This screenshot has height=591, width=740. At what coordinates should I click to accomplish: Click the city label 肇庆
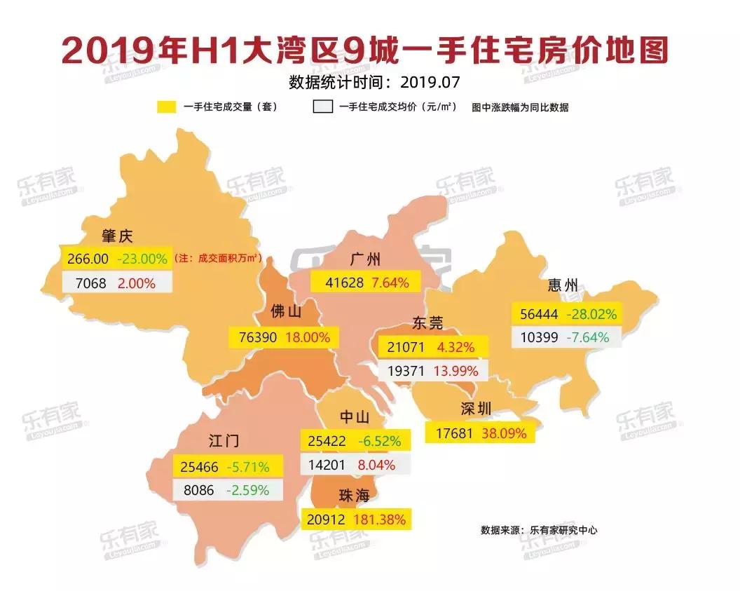point(117,236)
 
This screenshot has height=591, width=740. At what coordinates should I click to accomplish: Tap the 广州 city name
point(366,259)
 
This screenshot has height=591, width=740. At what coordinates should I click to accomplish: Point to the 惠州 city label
point(563,285)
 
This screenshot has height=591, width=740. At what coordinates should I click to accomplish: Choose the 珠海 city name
point(353,496)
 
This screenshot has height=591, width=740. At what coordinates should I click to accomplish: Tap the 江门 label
point(224,440)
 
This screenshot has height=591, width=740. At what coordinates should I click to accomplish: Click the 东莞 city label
point(427,323)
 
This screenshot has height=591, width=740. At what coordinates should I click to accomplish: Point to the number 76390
point(254,337)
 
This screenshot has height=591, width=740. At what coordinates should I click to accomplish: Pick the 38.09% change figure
point(503,433)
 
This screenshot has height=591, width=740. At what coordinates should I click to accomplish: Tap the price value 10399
point(540,337)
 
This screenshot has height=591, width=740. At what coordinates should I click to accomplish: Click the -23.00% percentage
point(143,259)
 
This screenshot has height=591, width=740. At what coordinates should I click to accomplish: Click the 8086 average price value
point(198,490)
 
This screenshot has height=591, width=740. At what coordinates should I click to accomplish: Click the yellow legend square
point(167,107)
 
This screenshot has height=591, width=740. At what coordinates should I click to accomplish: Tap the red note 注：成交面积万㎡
point(218,259)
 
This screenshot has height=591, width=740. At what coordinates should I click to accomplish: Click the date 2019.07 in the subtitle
point(430,82)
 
